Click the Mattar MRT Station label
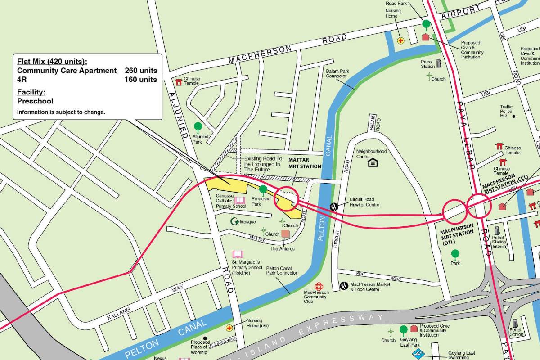coord(305,163)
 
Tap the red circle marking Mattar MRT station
coord(286,198)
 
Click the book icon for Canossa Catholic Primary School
coord(240,200)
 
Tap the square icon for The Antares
coord(285,234)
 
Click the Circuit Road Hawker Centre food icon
coord(334,207)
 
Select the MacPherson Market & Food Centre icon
coord(344,285)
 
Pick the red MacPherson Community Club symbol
coord(319,286)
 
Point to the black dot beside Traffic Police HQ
coord(514,117)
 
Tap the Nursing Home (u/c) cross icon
coord(229,328)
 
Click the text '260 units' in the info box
coord(141,71)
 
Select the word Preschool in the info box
coord(35,101)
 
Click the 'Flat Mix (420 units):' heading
coord(52,62)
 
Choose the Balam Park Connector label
coord(337,73)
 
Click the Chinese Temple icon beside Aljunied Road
coord(178,82)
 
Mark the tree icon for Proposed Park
coord(263,189)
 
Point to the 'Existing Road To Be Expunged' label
coord(263,164)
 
